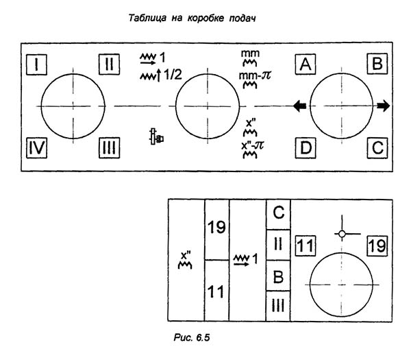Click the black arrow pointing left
(299, 106)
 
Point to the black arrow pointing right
(384, 106)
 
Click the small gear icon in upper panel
(157, 137)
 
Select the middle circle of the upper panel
(208, 106)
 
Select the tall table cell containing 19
(216, 230)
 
